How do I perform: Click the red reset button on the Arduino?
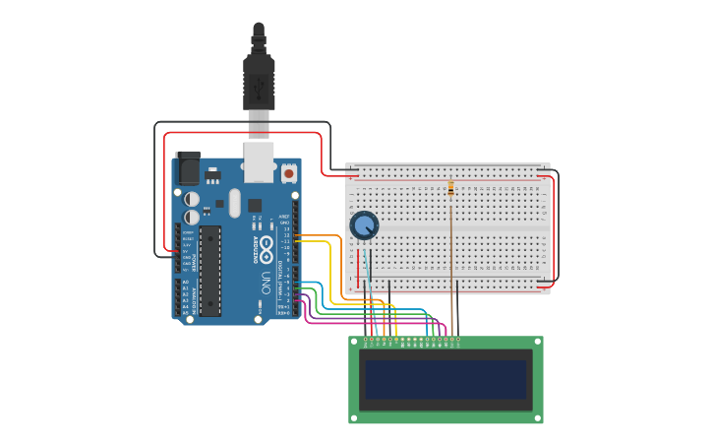click(288, 173)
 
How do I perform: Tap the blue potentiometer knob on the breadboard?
click(364, 225)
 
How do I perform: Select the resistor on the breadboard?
click(450, 188)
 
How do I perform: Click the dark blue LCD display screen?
click(446, 379)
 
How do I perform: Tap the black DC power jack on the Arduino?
click(187, 167)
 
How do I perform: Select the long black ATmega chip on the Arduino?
click(209, 270)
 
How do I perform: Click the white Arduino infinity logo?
click(267, 245)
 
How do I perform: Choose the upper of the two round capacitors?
click(192, 199)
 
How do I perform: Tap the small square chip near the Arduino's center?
click(255, 206)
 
